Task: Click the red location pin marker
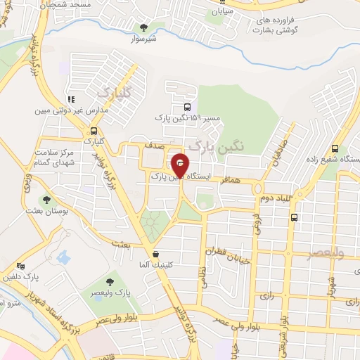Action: [x=181, y=166]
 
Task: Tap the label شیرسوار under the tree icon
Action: [x=143, y=39]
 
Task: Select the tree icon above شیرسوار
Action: [x=144, y=28]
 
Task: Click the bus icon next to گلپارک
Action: [x=94, y=130]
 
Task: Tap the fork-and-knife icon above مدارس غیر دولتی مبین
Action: [x=70, y=99]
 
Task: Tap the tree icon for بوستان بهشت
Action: [x=48, y=200]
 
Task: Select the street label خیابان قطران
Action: [x=224, y=251]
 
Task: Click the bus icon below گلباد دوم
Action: [x=293, y=217]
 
